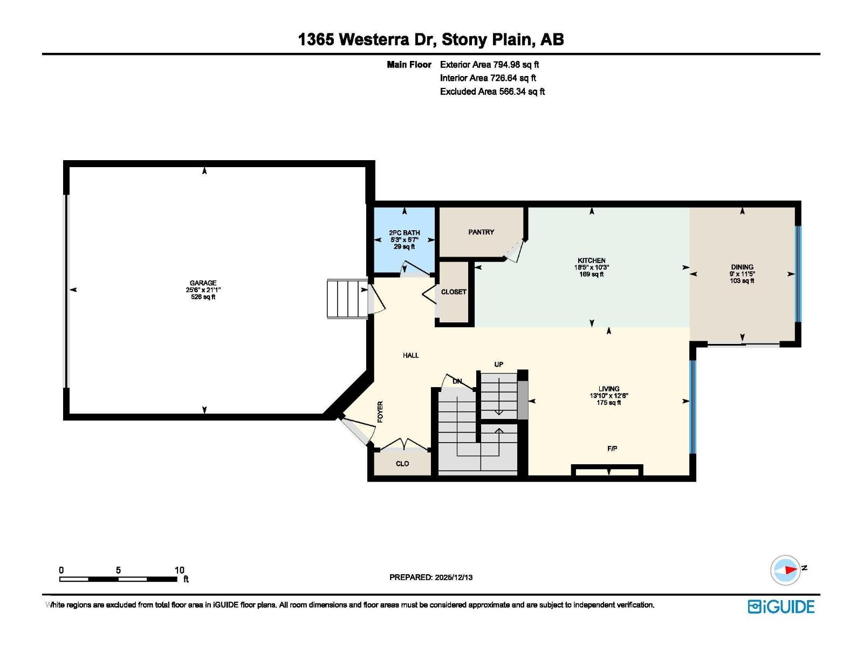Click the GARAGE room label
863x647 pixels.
[203, 283]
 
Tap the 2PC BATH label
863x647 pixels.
[404, 233]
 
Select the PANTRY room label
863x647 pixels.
[481, 232]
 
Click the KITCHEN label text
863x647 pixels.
[591, 260]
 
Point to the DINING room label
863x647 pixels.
[742, 267]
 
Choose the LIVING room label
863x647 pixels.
[608, 389]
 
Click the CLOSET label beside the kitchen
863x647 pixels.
[453, 292]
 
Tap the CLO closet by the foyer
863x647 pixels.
[402, 464]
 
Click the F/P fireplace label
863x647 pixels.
[612, 449]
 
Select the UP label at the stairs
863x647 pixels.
[498, 364]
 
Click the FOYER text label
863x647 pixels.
[380, 411]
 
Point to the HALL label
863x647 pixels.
[410, 355]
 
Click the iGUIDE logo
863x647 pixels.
[780, 607]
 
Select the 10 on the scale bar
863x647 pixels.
[180, 570]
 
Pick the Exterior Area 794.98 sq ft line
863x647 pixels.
[489, 65]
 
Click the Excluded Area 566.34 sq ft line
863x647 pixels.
[492, 92]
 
